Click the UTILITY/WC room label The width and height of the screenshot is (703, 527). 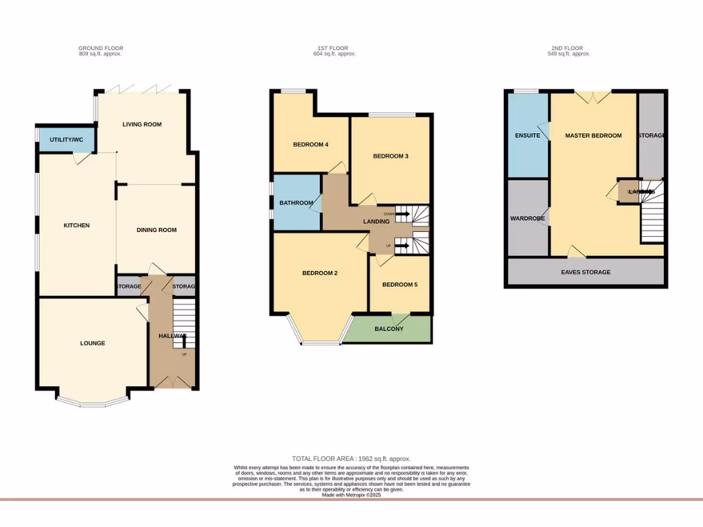(x=66, y=140)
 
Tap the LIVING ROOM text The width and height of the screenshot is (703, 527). (x=142, y=124)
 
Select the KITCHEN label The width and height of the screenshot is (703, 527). (x=77, y=226)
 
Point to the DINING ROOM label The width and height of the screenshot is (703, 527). (x=157, y=230)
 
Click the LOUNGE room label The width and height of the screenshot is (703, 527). (x=93, y=343)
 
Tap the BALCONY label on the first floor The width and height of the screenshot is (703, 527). (x=389, y=329)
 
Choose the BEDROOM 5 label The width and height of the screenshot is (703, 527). (x=400, y=285)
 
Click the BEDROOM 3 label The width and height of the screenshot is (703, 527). (x=391, y=156)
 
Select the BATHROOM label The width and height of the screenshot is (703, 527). (x=297, y=203)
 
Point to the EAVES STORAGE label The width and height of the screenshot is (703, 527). (x=586, y=272)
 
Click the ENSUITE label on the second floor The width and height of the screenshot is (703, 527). (x=527, y=136)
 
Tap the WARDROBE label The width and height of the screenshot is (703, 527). (x=527, y=219)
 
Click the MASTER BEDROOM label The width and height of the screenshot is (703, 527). (x=593, y=136)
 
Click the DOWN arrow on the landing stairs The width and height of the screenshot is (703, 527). (x=402, y=215)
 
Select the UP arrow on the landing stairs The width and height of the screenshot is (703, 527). (x=402, y=245)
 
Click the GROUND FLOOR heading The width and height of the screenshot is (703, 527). (x=101, y=48)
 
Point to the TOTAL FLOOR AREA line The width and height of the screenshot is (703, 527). (x=351, y=458)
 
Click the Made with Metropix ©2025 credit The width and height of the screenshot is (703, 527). (x=351, y=495)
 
